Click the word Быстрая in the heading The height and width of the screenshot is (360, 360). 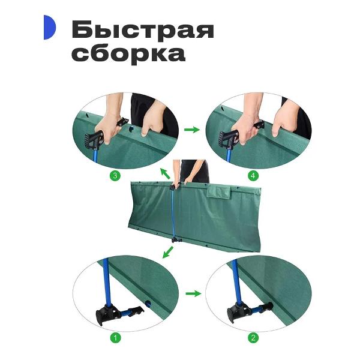click(142, 29)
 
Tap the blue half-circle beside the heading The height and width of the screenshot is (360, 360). click(49, 28)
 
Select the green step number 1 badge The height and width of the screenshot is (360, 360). click(117, 338)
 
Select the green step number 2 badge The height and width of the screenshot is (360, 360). click(253, 338)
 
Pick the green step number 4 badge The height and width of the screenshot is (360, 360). click(253, 176)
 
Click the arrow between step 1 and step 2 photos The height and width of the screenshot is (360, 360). click(192, 293)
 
